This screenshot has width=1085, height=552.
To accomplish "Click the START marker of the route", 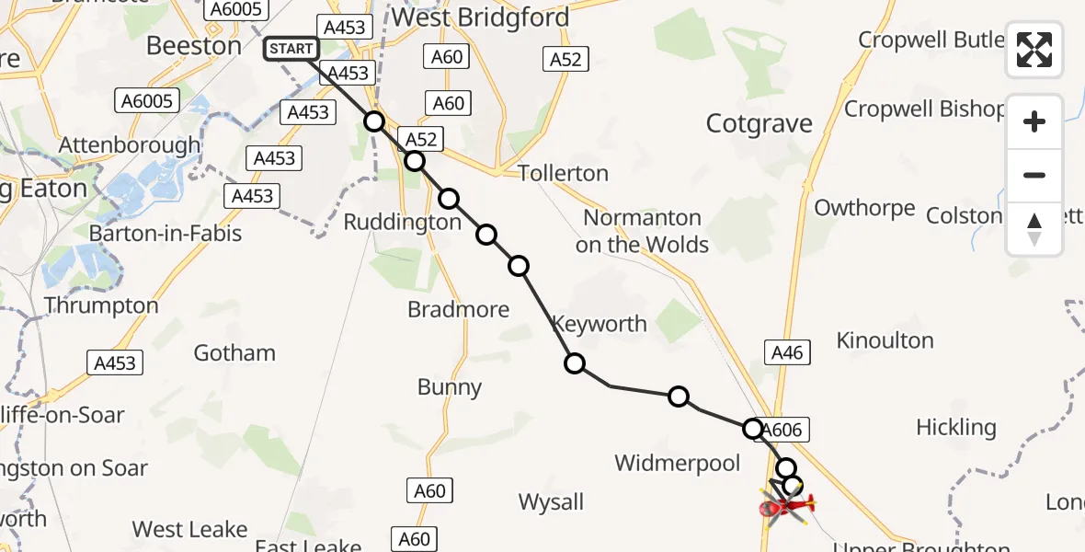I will pyautogui.click(x=291, y=49).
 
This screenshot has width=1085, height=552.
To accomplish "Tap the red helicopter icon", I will pyautogui.click(x=786, y=504).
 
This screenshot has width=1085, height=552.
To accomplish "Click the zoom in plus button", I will pyautogui.click(x=1034, y=121).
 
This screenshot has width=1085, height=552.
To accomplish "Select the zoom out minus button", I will pyautogui.click(x=1034, y=175).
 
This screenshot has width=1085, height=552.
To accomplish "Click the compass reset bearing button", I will pyautogui.click(x=1034, y=229).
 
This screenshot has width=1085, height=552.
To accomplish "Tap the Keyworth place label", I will pyautogui.click(x=599, y=324).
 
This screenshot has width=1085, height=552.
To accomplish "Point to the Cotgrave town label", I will pyautogui.click(x=759, y=124).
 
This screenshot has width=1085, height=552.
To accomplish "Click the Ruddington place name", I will pyautogui.click(x=402, y=223).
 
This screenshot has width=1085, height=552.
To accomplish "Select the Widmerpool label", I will pyautogui.click(x=677, y=463).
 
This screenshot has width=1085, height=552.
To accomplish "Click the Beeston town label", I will pyautogui.click(x=194, y=45).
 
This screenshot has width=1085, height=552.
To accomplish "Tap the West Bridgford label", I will pyautogui.click(x=480, y=17).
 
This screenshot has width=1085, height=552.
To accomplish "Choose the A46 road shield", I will pyautogui.click(x=788, y=351).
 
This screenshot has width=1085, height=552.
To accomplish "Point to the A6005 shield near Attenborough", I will pyautogui.click(x=145, y=101).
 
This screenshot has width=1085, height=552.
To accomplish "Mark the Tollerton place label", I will pyautogui.click(x=563, y=173).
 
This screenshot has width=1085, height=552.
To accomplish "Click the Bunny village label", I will pyautogui.click(x=449, y=387).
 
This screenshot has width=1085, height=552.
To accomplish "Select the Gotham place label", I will pyautogui.click(x=234, y=352).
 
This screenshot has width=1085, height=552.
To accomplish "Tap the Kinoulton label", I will pyautogui.click(x=885, y=340).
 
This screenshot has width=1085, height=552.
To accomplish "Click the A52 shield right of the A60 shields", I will pyautogui.click(x=566, y=59).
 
